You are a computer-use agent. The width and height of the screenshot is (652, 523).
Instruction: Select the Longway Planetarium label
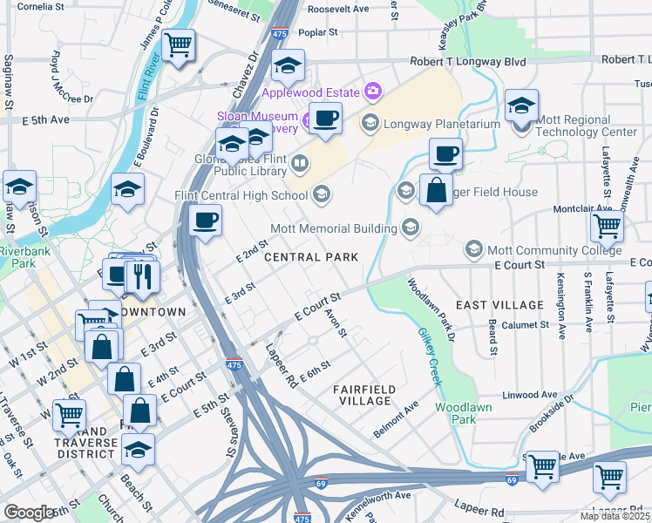point(441,123)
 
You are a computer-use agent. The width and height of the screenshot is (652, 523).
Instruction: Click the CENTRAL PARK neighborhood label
point(310,257)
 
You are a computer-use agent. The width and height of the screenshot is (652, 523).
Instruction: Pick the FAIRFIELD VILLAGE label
point(364,395)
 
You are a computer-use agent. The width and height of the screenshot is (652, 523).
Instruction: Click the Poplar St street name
point(317,32)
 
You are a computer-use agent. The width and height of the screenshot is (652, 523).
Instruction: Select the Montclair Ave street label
point(583,209)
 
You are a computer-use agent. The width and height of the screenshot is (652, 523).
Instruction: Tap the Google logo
point(31,512)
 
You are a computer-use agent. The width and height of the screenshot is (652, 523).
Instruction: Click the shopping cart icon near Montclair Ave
point(607,226)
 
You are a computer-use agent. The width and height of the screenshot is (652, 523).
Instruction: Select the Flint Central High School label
point(241,194)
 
